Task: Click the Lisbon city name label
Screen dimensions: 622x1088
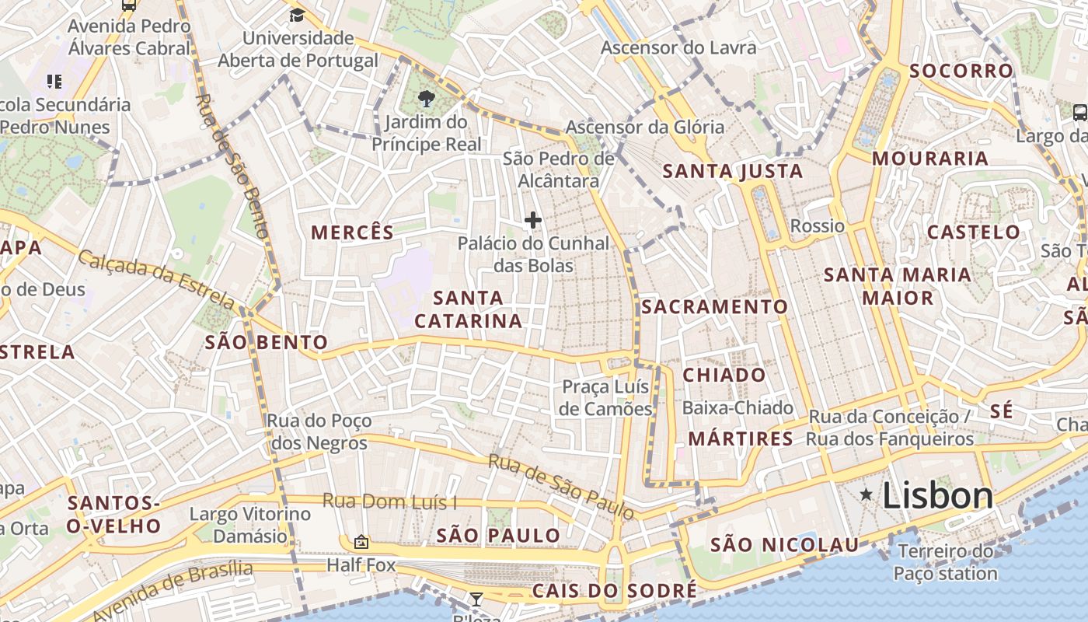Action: (937, 495)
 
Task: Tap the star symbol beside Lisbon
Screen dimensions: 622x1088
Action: (866, 494)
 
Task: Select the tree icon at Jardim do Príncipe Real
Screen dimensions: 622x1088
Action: (425, 99)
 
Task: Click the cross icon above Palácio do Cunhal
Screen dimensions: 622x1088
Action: (532, 221)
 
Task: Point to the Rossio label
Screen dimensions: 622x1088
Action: (817, 226)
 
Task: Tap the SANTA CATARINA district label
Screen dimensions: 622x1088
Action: (469, 309)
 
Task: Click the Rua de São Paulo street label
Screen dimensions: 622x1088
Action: (561, 487)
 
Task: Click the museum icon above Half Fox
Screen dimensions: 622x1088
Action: (361, 542)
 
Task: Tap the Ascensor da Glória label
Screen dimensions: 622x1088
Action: (644, 127)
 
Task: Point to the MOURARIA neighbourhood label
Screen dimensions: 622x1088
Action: (929, 159)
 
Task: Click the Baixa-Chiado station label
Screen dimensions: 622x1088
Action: (737, 407)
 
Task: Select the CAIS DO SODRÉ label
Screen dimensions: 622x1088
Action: (614, 591)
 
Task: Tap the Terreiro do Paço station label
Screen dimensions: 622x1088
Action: (945, 563)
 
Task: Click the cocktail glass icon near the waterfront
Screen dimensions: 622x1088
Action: (476, 599)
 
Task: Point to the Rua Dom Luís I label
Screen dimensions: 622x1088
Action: (389, 501)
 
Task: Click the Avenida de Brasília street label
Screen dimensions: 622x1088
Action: (173, 591)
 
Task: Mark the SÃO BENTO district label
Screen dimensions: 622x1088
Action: (266, 342)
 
